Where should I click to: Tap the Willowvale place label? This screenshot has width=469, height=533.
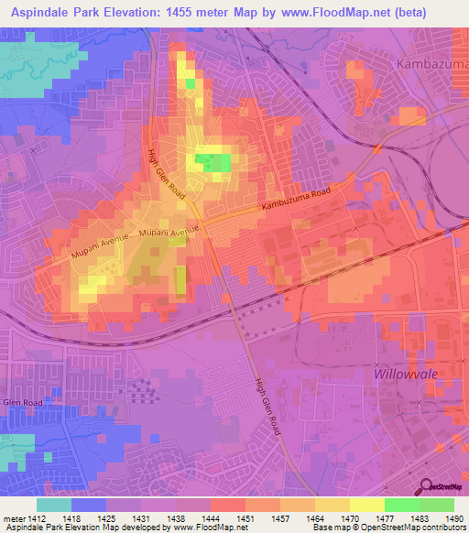click(407, 374)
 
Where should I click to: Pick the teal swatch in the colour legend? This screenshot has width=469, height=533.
click(54, 505)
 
